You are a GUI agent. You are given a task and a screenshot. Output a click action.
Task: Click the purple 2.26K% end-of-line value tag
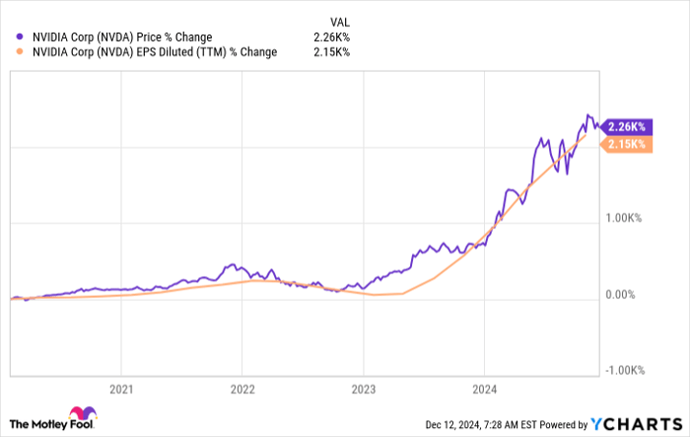pos(627,126)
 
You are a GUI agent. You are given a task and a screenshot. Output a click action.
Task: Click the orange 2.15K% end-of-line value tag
pos(627,144)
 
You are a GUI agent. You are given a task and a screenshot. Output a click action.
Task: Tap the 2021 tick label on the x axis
pos(121,390)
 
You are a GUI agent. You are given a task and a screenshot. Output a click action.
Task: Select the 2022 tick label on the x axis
pos(242,390)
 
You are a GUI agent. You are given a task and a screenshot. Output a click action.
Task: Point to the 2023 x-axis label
pos(364,390)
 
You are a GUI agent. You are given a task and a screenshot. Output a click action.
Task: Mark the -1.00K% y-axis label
pos(624,370)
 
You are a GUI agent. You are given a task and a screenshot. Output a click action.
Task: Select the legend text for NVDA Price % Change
pos(122,37)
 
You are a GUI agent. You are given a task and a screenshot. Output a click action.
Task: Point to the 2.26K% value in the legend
pos(331,37)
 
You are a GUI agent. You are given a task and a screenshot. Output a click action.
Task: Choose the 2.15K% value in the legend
pos(331,53)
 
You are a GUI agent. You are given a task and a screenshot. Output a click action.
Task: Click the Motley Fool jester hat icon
pos(81,417)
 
